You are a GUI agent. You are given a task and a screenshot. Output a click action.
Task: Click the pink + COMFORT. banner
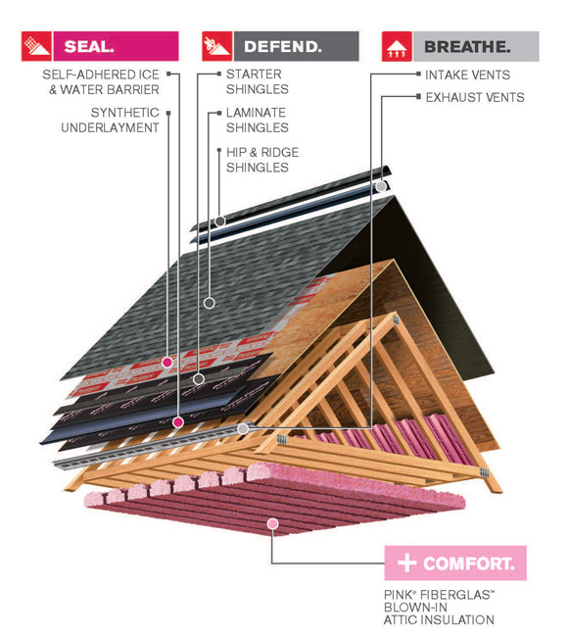coord(455,563)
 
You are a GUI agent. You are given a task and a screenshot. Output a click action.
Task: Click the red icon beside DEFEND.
coord(216,46)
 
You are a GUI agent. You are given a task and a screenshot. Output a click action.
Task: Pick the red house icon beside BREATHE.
coord(397,46)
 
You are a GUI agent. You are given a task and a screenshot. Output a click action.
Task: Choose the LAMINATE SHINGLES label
coord(257,120)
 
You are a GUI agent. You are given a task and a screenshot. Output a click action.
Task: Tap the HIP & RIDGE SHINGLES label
coord(261,160)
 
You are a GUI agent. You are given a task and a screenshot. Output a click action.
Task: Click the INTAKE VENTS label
coord(467,74)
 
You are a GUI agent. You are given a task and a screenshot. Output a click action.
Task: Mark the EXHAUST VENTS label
coord(474,97)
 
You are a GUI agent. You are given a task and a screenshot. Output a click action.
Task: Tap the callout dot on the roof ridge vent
coord(380,185)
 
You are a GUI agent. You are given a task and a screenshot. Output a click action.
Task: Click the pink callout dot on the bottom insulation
coord(272,524)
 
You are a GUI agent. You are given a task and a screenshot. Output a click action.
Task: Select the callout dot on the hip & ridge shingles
coord(219,221)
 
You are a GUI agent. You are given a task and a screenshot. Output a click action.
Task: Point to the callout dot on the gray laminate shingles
coord(208,303)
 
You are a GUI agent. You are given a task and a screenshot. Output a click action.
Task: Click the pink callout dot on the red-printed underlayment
coord(166,362)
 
